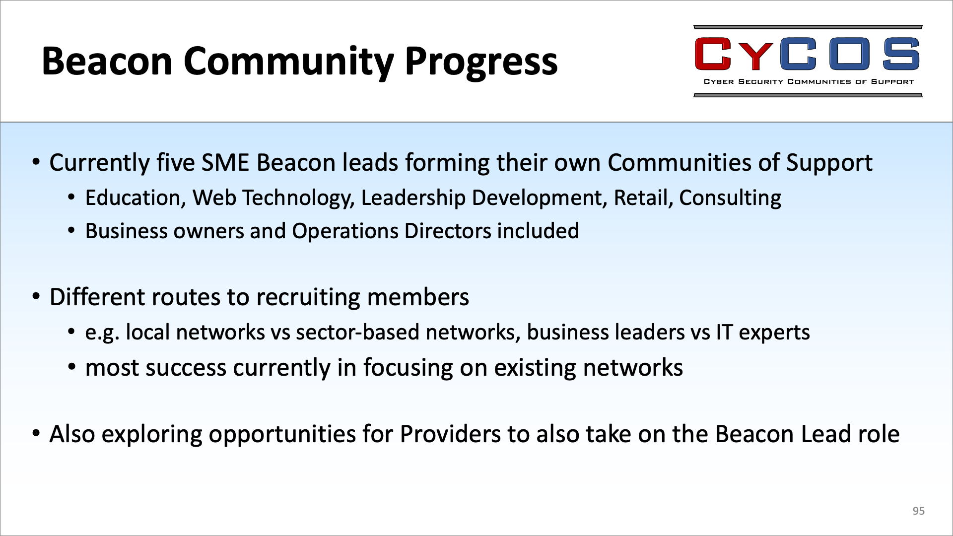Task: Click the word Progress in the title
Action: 481,63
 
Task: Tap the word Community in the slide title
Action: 288,63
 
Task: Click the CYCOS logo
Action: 808,61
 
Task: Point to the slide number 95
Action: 918,511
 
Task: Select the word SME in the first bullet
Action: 225,163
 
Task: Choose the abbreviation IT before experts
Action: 724,332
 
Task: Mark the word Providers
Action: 450,434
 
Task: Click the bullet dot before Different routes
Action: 36,297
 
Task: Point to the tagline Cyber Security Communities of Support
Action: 809,82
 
